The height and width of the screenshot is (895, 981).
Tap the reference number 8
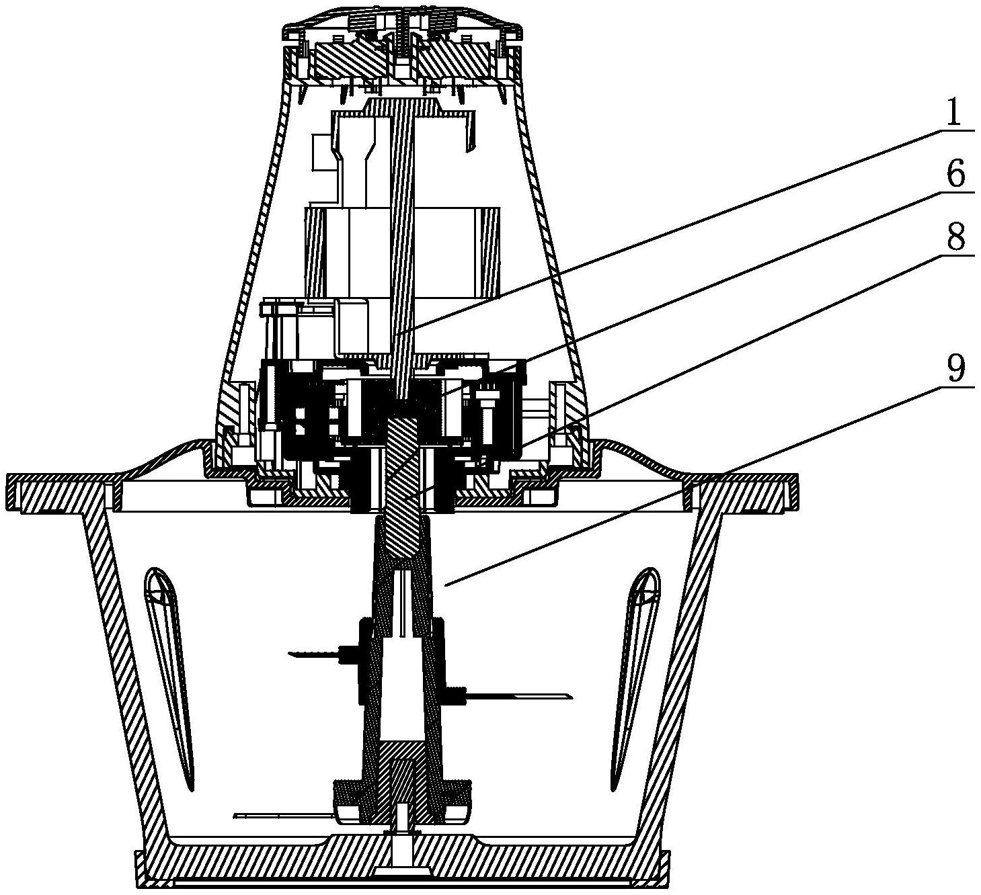coord(955,237)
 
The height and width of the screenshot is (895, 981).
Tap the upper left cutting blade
coord(318,654)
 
